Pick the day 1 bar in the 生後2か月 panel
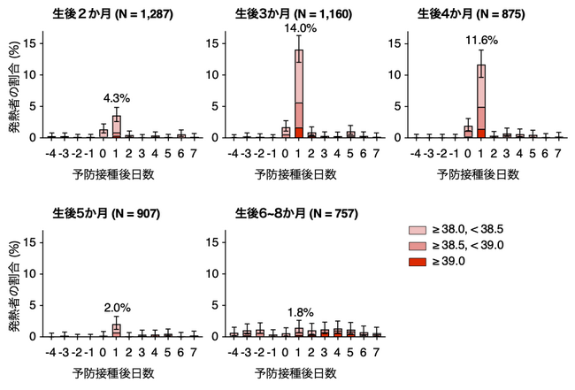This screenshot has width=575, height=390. (x=116, y=126)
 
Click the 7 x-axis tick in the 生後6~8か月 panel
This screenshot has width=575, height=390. (x=376, y=352)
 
